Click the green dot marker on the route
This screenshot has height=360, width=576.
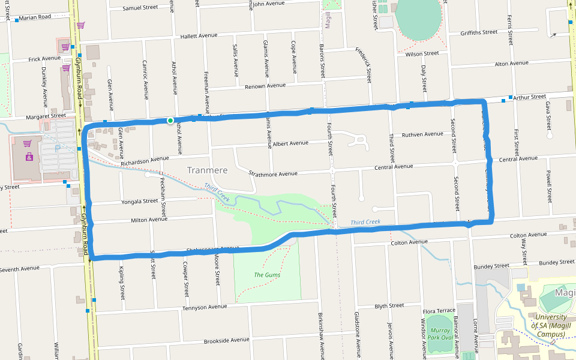click(170, 121)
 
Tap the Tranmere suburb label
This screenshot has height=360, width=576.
click(207, 170)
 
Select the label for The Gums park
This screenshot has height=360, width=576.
click(267, 275)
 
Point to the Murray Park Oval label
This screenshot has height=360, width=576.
click(440, 334)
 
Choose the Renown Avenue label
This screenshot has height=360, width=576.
click(265, 86)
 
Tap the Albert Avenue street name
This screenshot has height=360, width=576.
click(290, 143)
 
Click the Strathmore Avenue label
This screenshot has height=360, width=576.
click(273, 173)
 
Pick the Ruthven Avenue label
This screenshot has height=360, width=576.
click(422, 134)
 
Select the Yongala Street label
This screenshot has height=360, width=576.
click(139, 202)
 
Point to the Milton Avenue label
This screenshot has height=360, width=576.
click(149, 220)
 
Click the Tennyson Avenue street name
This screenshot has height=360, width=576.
click(205, 307)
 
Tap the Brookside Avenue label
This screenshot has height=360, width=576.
click(226, 340)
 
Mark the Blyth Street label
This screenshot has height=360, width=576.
click(389, 306)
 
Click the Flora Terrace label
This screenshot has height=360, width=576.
click(439, 311)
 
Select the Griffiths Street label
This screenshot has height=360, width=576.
click(479, 32)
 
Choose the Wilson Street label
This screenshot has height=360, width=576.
click(422, 53)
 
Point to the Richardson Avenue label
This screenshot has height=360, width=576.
click(145, 161)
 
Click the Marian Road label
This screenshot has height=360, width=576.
click(35, 17)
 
